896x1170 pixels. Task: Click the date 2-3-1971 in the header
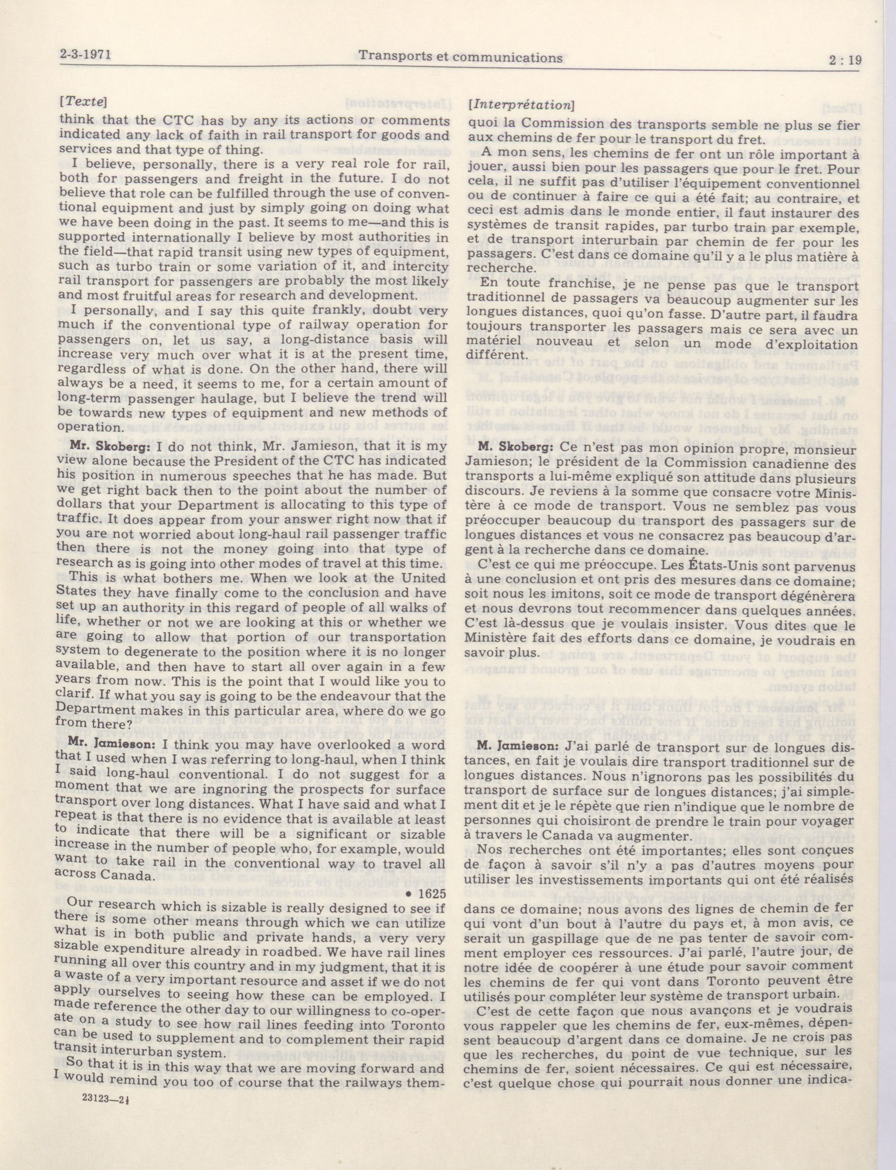88,55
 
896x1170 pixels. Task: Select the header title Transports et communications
460,57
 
